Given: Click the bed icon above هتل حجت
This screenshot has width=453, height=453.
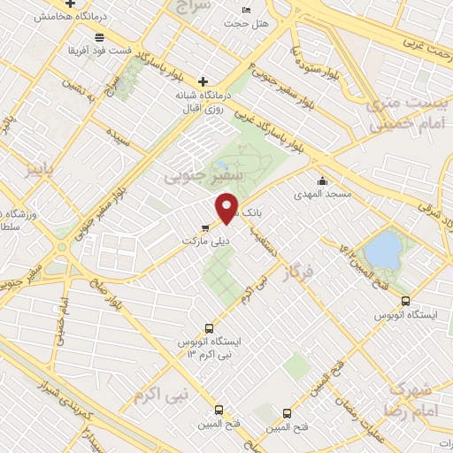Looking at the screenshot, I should (x=245, y=9).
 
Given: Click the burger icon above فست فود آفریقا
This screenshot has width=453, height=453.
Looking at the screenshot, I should (x=98, y=37).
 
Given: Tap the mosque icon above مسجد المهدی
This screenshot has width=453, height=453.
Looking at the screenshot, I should (x=321, y=180).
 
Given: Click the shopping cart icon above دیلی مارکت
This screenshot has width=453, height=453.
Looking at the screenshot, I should (x=205, y=227).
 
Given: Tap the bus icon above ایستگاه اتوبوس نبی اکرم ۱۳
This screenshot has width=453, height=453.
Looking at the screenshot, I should (x=209, y=327).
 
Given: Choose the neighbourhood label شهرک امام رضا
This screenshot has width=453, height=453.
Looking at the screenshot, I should (x=414, y=399).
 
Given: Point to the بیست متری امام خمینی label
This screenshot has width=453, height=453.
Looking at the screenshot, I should (x=413, y=114).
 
